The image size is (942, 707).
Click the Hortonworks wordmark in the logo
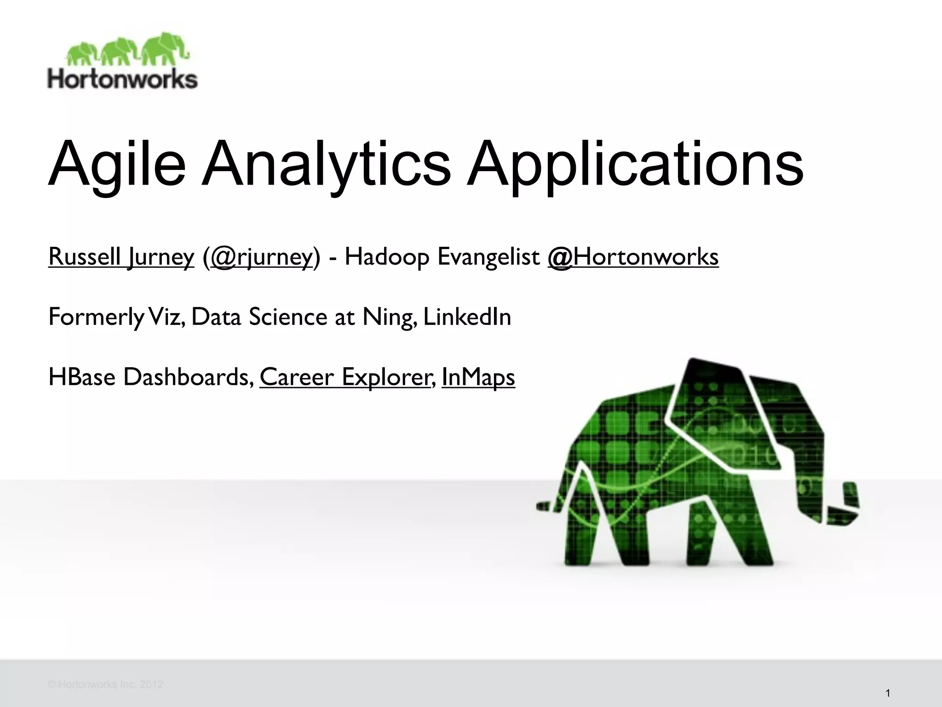click(x=122, y=79)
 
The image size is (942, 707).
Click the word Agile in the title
click(x=117, y=165)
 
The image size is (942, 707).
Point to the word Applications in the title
click(x=635, y=165)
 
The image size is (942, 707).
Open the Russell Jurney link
click(x=121, y=257)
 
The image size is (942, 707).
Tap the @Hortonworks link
click(x=633, y=257)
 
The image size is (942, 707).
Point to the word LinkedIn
click(x=467, y=317)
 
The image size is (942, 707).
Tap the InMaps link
click(x=478, y=377)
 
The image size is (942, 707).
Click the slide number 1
click(x=887, y=693)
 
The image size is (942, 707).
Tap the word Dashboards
click(x=188, y=377)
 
